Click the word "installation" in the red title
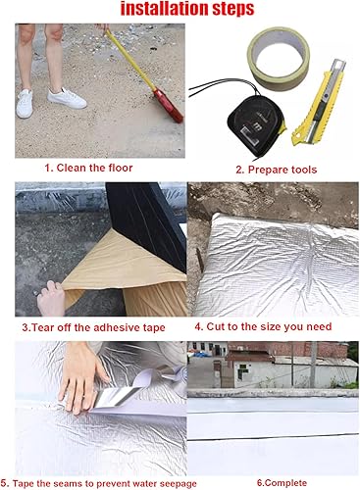(165, 9)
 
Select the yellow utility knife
(319, 102)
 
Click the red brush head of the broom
(169, 106)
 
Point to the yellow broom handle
(130, 60)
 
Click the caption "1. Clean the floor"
(88, 168)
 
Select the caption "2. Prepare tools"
(277, 170)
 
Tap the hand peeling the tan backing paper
(50, 298)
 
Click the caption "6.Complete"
(282, 483)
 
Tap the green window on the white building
(242, 371)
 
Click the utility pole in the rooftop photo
(313, 365)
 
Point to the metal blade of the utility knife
(336, 67)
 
